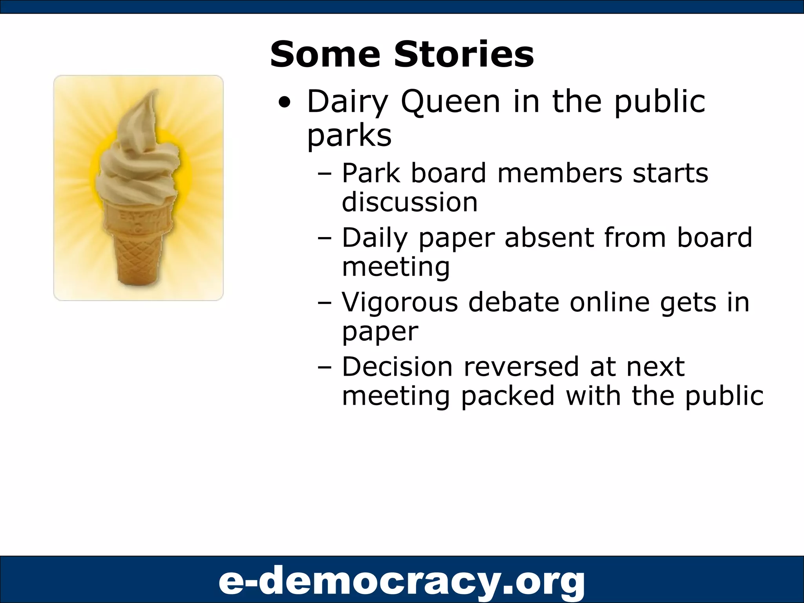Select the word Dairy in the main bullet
tap(347, 102)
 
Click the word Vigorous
tap(400, 302)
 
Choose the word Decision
tap(397, 367)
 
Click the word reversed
tap(521, 367)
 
